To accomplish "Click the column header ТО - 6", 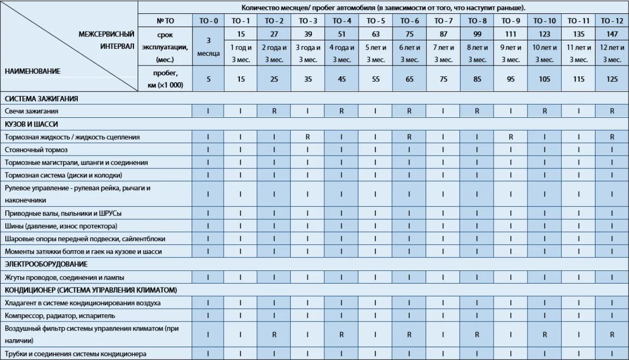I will (x=409, y=21).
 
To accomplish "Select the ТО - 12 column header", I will (x=612, y=21).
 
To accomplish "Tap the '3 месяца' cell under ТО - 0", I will (x=208, y=48).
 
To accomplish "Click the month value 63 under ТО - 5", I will (x=375, y=34).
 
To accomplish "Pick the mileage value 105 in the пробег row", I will (x=544, y=79).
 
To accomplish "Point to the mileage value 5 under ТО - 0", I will (x=208, y=79).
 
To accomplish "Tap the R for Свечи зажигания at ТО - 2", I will (x=274, y=111).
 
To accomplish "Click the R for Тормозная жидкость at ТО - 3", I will (x=307, y=137).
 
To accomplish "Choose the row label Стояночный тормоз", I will (x=36, y=150).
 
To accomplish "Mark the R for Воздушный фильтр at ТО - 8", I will (x=477, y=334).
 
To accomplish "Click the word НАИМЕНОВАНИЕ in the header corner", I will (x=33, y=71).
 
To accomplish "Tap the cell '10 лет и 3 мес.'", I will (x=544, y=54).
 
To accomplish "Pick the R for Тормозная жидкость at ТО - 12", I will (x=612, y=137).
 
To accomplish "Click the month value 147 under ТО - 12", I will (x=612, y=34).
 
